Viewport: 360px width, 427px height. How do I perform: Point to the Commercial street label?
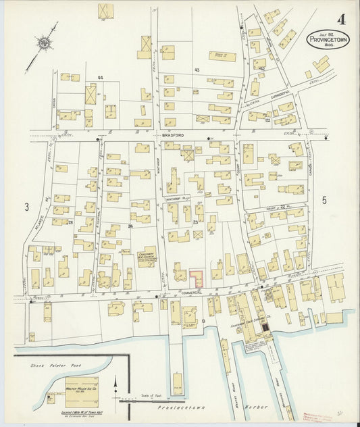pyautogui.click(x=193, y=293)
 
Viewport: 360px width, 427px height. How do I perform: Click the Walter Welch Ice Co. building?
pyautogui.click(x=82, y=391)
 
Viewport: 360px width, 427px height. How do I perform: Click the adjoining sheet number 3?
pyautogui.click(x=27, y=207)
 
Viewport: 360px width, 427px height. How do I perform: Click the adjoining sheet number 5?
pyautogui.click(x=324, y=201)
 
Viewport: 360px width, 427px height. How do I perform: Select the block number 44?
pyautogui.click(x=100, y=78)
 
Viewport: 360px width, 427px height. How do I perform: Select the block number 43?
pyautogui.click(x=197, y=70)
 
